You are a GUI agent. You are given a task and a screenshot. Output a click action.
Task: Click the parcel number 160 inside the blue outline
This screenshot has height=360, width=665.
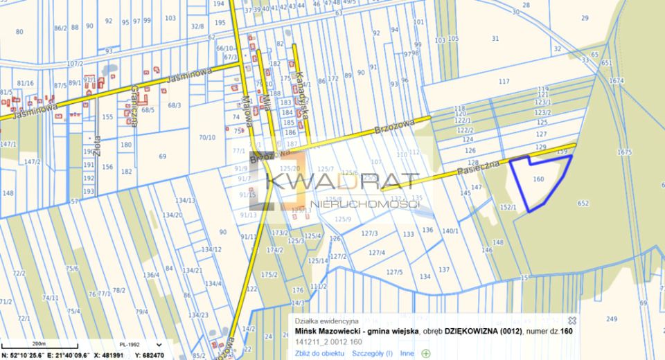point(539,179)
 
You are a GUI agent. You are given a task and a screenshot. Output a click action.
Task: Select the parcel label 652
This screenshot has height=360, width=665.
point(583,203)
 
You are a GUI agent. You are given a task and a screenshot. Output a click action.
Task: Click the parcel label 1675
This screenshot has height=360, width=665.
point(625,152)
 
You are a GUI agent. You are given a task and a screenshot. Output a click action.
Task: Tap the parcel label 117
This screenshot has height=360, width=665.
point(504,82)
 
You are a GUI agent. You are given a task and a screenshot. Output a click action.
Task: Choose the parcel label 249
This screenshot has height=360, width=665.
point(610,318)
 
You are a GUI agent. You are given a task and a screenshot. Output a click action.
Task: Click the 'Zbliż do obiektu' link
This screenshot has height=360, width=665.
point(319,353)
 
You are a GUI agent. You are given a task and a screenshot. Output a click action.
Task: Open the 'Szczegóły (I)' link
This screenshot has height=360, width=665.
point(372,353)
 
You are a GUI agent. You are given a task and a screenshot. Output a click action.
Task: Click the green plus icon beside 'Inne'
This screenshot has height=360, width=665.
point(425,353)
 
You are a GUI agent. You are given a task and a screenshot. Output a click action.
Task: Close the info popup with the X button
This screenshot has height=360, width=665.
point(572,321)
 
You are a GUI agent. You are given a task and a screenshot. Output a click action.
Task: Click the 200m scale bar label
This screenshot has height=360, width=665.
point(39,343)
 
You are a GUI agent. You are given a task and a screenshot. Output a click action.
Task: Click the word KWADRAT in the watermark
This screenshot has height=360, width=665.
point(342,182)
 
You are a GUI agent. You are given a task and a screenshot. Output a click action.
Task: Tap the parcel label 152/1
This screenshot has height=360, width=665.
point(508,206)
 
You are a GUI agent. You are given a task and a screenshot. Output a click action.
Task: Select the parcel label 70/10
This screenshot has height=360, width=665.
point(208,137)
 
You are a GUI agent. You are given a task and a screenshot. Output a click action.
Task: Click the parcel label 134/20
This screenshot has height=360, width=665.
point(172,215)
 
